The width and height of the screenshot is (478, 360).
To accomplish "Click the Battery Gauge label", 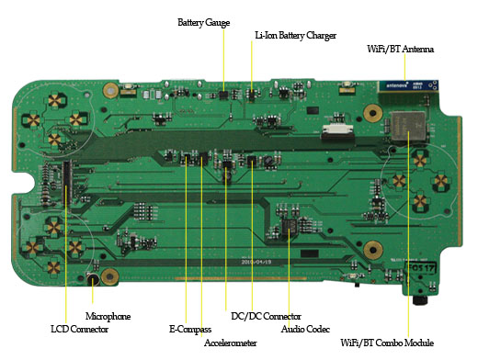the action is [x=203, y=23].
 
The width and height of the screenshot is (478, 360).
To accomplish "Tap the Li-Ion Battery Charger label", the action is [x=296, y=36].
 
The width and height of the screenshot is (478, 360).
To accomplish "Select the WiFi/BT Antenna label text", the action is [x=400, y=49].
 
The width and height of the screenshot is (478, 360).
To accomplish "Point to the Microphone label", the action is [x=108, y=316].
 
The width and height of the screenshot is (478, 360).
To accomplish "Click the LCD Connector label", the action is [x=79, y=329].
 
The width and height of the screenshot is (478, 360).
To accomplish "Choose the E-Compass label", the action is [x=190, y=330].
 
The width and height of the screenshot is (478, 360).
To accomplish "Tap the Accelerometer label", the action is [x=230, y=343].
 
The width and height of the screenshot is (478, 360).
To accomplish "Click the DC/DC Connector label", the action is [x=266, y=316].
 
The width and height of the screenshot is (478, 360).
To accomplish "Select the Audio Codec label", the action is [x=305, y=329].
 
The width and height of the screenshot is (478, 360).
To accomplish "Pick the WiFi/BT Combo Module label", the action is [x=387, y=343].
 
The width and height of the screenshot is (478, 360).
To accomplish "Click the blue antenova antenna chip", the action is [x=408, y=85].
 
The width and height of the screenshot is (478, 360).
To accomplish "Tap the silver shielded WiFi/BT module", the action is [x=408, y=126].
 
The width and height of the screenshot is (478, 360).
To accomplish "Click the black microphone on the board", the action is [x=93, y=279].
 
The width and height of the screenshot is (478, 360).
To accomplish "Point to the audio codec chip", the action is [x=289, y=226].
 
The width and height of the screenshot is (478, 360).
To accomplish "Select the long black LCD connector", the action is [x=66, y=183].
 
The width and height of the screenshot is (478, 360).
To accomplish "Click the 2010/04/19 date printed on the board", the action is [x=256, y=262].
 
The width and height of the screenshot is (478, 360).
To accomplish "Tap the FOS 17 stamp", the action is [x=420, y=268].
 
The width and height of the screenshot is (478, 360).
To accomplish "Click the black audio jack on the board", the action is [x=420, y=300].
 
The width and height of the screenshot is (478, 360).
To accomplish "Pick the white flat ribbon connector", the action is [x=336, y=131].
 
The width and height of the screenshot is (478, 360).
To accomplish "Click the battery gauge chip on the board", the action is [x=223, y=95].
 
